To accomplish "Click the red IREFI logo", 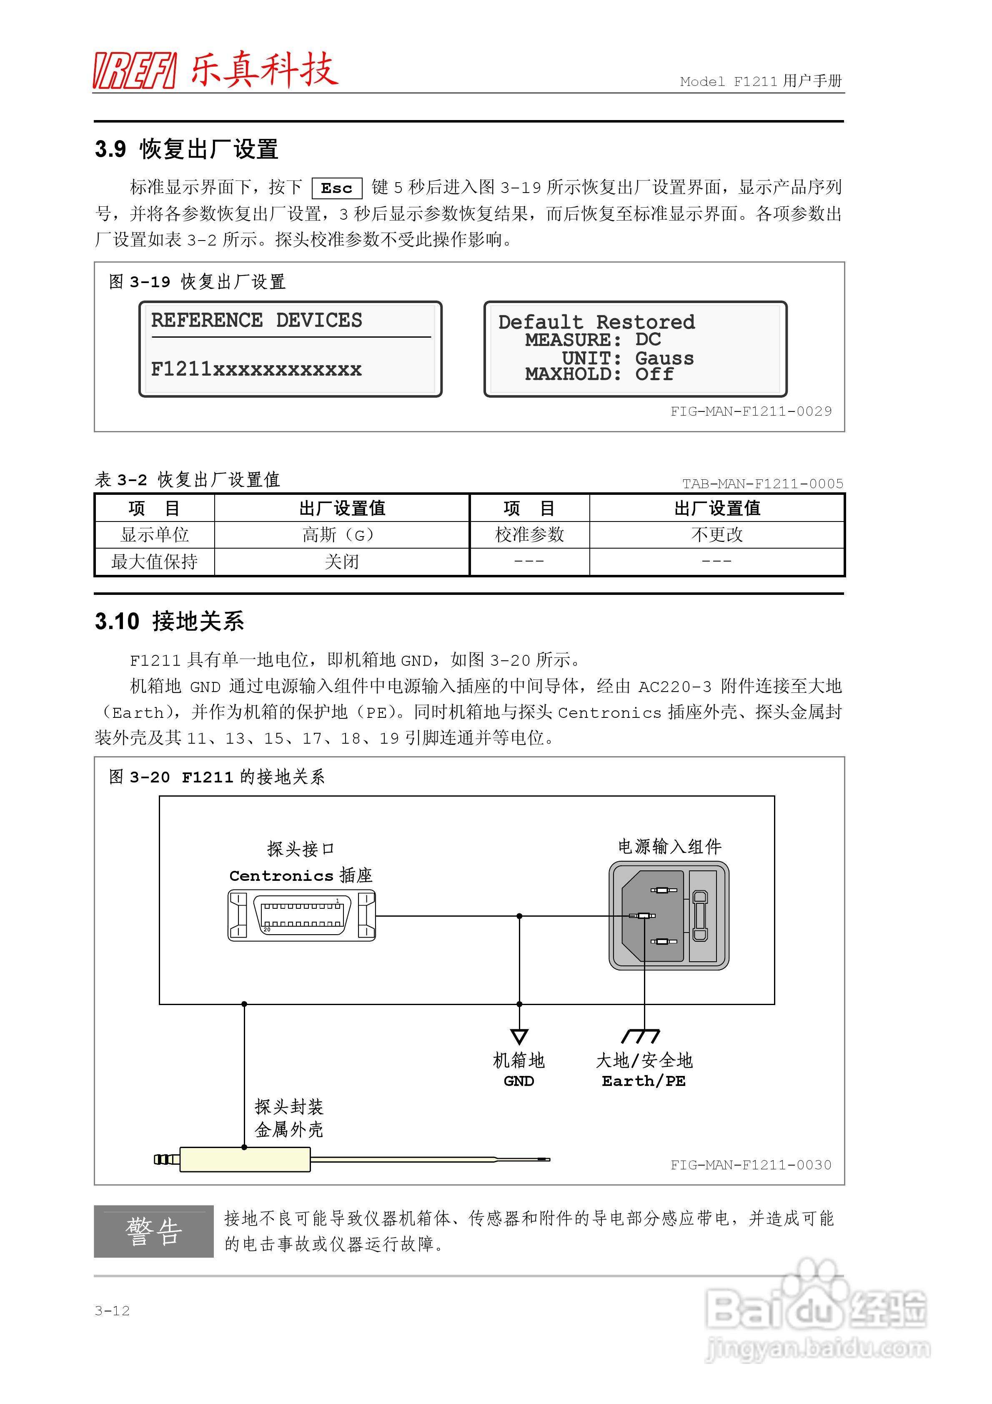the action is click(x=135, y=70).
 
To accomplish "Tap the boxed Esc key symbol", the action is click(x=336, y=188).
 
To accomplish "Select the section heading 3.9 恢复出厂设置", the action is click(x=187, y=148).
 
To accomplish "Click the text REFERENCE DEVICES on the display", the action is click(x=256, y=321).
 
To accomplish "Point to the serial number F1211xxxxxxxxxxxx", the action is click(x=256, y=369).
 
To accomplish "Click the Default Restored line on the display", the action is click(x=596, y=322).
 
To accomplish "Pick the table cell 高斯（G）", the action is click(x=341, y=535).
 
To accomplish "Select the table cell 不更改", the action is click(x=717, y=535).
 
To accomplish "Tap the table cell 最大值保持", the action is click(x=154, y=562).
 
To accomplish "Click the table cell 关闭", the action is click(x=341, y=562).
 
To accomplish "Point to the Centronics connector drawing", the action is click(x=301, y=915).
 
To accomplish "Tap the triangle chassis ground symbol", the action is click(x=519, y=1036).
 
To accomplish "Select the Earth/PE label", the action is click(x=644, y=1081).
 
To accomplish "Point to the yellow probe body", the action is click(x=245, y=1159).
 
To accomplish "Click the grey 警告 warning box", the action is click(x=153, y=1231).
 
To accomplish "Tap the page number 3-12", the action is click(x=113, y=1311).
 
